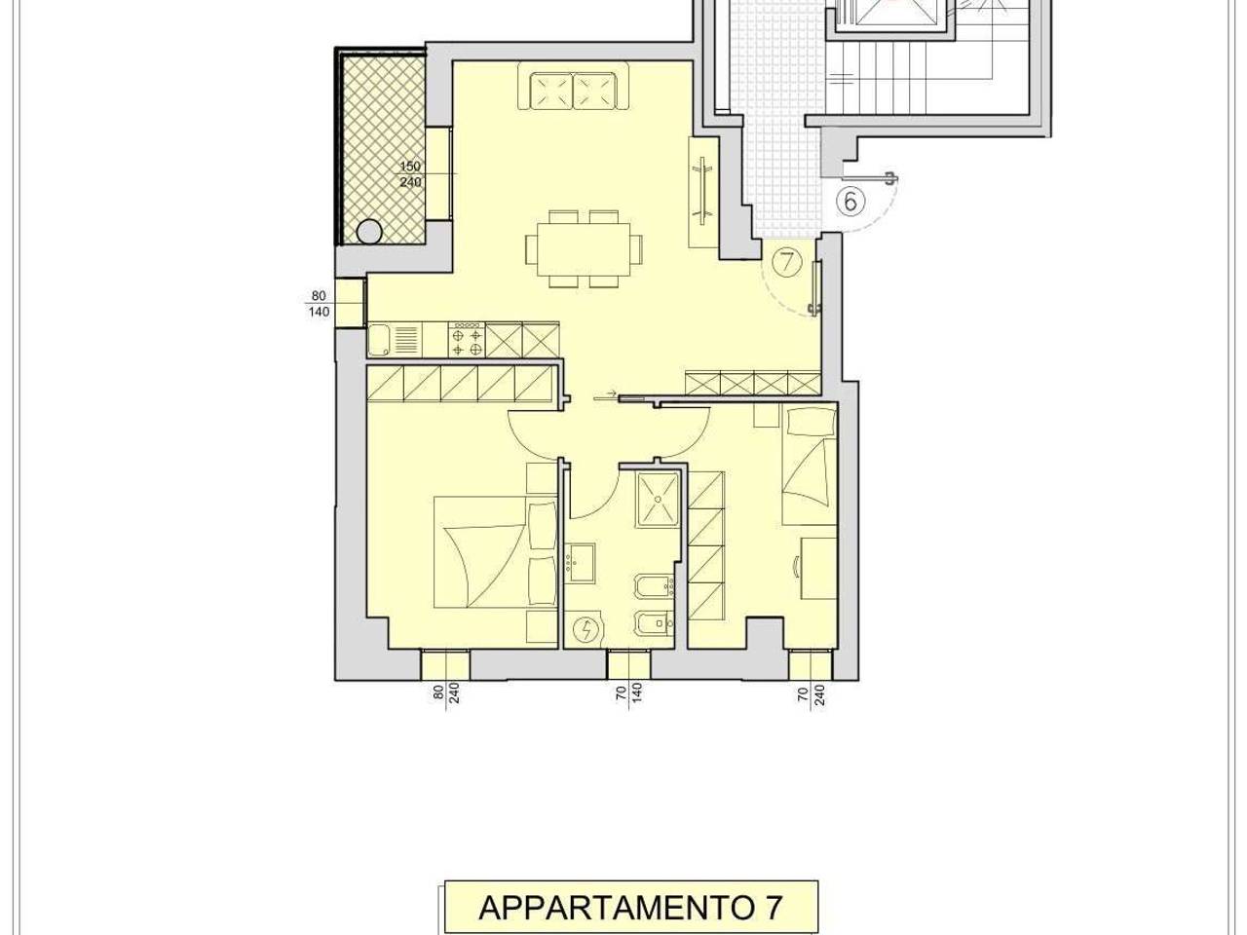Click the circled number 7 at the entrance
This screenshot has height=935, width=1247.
pos(786,261)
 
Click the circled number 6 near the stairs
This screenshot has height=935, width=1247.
pos(850,202)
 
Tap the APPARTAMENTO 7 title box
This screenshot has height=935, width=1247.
pos(630,907)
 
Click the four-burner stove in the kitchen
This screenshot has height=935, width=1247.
pos(467,340)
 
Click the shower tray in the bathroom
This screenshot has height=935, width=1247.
pos(660,499)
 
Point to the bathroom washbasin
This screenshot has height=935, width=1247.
pos(582,564)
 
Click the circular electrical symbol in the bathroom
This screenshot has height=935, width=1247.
pos(586,630)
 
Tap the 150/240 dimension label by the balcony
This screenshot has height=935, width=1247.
pos(409,174)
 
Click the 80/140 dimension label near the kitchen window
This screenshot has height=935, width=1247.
pos(320,304)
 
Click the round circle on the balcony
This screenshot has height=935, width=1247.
pos(369,232)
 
